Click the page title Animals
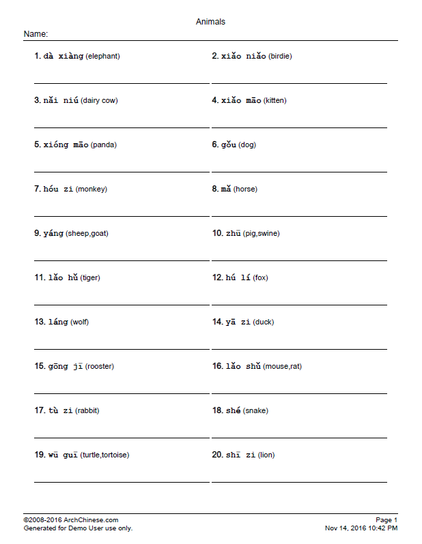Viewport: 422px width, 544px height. [x=210, y=22]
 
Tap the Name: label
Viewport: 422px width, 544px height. [x=36, y=34]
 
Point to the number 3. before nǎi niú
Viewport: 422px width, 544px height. [x=38, y=101]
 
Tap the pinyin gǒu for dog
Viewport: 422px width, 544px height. [x=228, y=145]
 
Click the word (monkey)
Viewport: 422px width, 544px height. [x=92, y=190]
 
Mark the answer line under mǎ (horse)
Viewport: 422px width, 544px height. [x=299, y=216]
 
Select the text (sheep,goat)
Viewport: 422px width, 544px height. [x=87, y=234]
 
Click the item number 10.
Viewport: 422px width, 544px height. [x=217, y=234]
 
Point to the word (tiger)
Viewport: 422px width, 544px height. [x=90, y=278]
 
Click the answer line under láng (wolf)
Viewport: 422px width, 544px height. [x=122, y=349]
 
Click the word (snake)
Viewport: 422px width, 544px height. [x=255, y=411]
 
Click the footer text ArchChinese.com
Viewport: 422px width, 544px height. [x=86, y=520]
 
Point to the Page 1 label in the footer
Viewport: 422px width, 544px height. [x=386, y=520]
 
